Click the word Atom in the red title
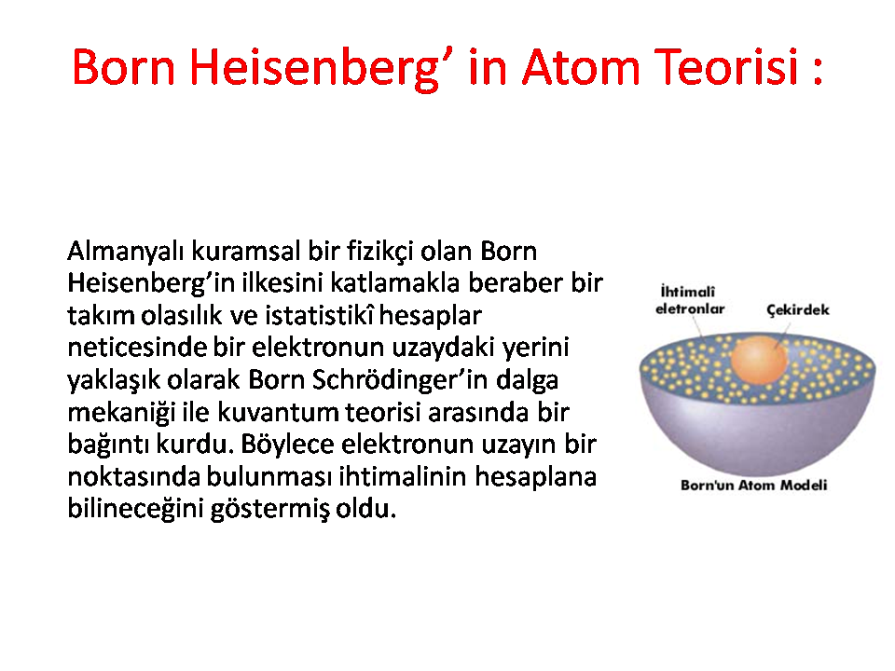coord(581,67)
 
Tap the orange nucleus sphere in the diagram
coord(759,361)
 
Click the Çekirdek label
coord(797,309)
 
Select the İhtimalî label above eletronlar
coord(687,292)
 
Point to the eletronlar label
coord(690,309)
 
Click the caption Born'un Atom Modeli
coord(753,486)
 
